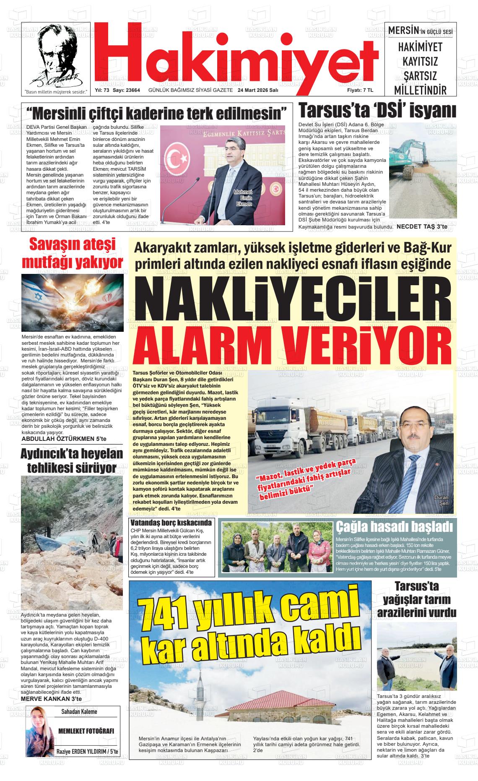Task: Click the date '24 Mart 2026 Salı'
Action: (258, 90)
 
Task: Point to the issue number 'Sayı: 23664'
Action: (126, 90)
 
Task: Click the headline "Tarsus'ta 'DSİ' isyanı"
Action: (377, 111)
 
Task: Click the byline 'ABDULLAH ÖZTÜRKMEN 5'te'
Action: (64, 439)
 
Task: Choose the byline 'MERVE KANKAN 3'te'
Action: (51, 699)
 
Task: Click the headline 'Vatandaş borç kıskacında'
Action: (171, 523)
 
